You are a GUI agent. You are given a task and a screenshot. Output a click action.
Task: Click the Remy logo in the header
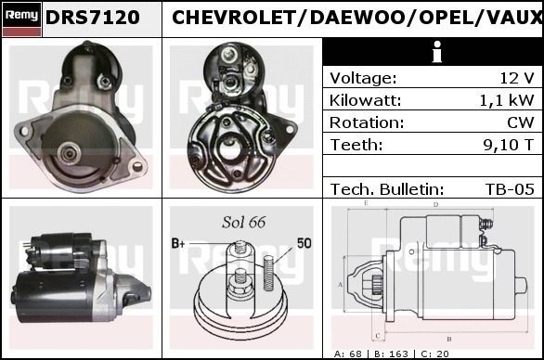point(21,19)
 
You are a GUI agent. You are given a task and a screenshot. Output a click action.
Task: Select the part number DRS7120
point(93,18)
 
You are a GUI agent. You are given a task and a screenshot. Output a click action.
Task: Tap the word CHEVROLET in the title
point(234,18)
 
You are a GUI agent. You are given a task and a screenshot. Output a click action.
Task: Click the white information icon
point(437,52)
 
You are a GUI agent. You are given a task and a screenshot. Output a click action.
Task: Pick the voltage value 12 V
point(516,78)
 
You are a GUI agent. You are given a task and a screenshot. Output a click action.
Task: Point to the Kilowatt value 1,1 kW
point(507,100)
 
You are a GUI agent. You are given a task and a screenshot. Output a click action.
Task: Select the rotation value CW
point(521,122)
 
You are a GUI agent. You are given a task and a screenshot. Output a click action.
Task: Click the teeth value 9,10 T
point(509,145)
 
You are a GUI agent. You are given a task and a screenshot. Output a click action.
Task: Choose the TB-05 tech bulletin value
point(510,189)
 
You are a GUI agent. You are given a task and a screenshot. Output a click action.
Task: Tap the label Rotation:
point(367,122)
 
